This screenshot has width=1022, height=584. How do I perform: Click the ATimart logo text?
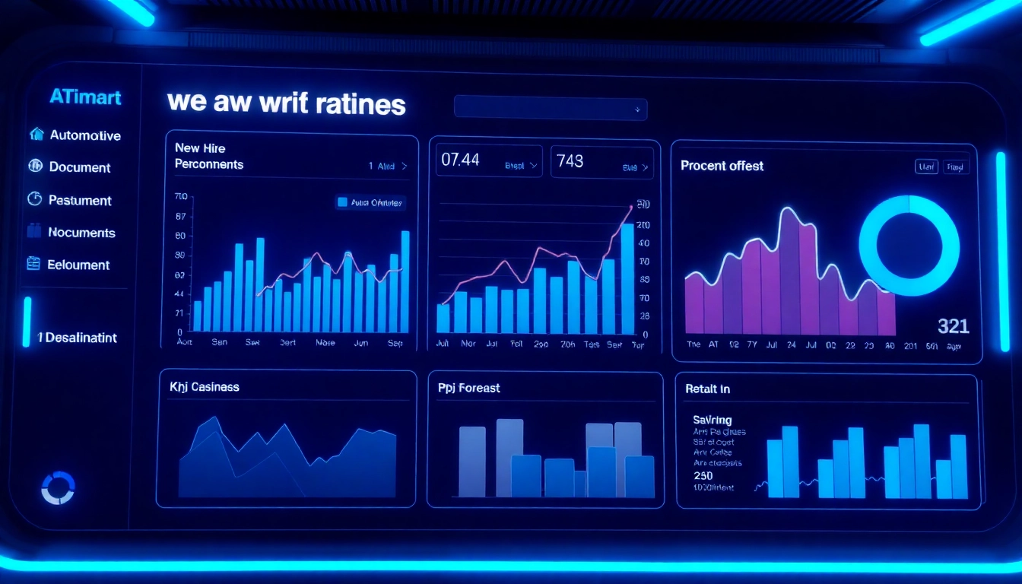[x=85, y=97]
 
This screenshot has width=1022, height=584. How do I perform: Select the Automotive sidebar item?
[x=85, y=135]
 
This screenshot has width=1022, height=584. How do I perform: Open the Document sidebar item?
[x=80, y=167]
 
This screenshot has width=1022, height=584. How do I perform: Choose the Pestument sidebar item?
[x=80, y=201]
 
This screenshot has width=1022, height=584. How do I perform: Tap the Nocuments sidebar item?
[x=81, y=233]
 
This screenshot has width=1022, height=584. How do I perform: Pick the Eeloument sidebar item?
[x=79, y=265]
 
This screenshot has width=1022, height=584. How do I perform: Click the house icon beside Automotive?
[x=36, y=135]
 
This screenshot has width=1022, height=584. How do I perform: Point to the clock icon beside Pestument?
[x=34, y=199]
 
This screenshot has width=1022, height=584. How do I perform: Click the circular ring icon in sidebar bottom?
[x=58, y=487]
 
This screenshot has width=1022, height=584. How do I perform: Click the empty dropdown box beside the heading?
[x=550, y=108]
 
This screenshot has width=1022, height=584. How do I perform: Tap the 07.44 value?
[x=460, y=160]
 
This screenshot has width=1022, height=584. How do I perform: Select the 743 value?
[x=570, y=160]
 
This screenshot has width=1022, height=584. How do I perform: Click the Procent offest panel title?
[x=722, y=166]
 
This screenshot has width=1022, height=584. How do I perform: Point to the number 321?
[x=953, y=326]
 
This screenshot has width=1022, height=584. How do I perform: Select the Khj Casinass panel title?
[x=205, y=387]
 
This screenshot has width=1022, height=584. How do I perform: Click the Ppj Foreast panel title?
[x=469, y=388]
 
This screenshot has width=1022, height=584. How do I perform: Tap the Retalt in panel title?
[x=707, y=389]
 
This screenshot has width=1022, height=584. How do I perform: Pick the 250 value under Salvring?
[x=703, y=475]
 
